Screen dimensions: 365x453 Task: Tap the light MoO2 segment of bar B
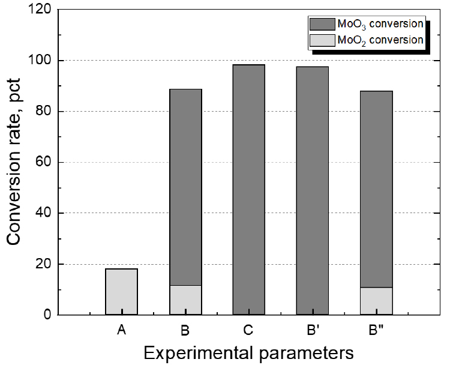tap(185, 300)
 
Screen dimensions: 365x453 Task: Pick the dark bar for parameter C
tap(248, 189)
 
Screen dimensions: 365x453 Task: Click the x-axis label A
tap(121, 330)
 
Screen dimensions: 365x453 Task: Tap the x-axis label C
tap(248, 330)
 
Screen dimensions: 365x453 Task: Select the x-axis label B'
tap(313, 330)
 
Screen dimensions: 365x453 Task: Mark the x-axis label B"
tap(376, 330)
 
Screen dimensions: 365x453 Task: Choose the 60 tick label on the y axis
tap(42, 163)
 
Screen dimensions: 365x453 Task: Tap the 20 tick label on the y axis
tap(42, 264)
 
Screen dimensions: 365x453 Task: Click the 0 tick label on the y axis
tap(46, 315)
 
